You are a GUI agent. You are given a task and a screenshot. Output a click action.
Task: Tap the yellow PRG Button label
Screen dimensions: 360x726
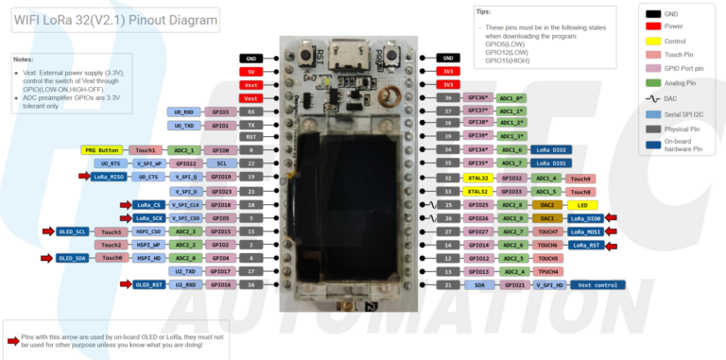pyautogui.click(x=102, y=150)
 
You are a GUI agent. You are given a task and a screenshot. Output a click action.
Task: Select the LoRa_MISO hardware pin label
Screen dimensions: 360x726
pyautogui.click(x=111, y=177)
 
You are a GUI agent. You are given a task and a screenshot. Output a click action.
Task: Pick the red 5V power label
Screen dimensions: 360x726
pyautogui.click(x=251, y=72)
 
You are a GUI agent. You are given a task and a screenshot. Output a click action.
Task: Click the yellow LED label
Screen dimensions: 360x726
pyautogui.click(x=582, y=204)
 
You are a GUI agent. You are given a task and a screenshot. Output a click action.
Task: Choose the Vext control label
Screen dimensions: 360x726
pyautogui.click(x=597, y=284)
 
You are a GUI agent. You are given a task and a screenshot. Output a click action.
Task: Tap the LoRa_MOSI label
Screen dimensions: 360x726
pyautogui.click(x=586, y=231)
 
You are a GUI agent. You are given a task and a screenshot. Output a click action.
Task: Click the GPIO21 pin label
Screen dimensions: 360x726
pyautogui.click(x=515, y=284)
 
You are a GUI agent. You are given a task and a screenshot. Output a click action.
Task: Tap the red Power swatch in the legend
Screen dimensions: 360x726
pyautogui.click(x=653, y=27)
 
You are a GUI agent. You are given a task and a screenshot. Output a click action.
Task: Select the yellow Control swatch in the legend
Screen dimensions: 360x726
pyautogui.click(x=653, y=42)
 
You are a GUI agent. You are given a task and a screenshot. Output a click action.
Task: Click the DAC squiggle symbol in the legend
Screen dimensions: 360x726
pyautogui.click(x=653, y=98)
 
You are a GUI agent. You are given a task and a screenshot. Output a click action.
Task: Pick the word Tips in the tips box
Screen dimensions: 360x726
pyautogui.click(x=483, y=11)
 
